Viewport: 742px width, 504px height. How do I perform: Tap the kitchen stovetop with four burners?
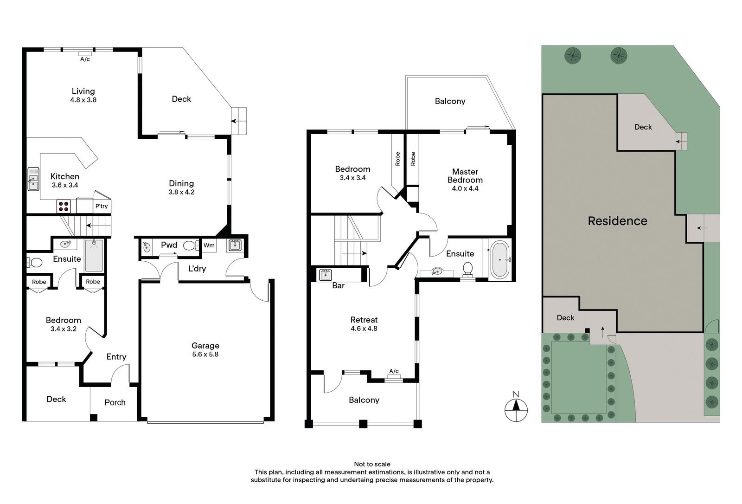pos(63,206)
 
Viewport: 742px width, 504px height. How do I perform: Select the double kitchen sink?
pos(33,179)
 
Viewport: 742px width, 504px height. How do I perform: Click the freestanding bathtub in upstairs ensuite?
pos(500,259)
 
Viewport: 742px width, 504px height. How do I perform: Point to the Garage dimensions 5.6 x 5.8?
pos(205,354)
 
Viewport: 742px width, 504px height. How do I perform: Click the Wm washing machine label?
pos(209,246)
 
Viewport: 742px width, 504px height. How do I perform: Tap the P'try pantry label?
pos(102,206)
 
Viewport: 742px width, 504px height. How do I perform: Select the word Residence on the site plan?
pos(617,221)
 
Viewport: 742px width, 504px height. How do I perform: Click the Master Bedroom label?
pos(465,176)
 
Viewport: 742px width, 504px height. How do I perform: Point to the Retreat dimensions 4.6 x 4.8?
pos(364,328)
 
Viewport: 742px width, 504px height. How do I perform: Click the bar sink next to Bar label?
pos(325,275)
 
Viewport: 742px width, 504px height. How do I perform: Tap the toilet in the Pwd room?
pos(190,246)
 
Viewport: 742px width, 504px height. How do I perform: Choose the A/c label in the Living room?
pos(85,59)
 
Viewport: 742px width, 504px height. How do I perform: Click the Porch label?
pos(115,402)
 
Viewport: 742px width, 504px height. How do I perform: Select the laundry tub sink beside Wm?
pos(235,245)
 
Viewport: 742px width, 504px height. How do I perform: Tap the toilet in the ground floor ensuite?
pos(34,263)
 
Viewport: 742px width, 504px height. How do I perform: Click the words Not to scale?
pos(372,464)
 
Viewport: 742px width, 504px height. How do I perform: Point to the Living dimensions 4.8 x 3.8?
pos(83,100)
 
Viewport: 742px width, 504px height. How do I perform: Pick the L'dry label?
pos(197,269)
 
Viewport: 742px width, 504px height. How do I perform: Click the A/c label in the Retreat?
pos(394,371)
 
